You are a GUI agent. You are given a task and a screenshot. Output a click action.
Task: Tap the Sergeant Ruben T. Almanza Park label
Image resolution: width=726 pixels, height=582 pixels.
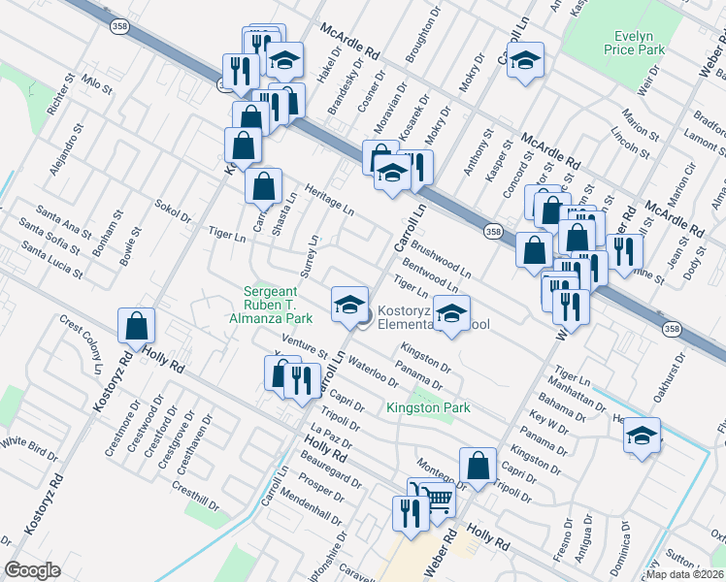tap(278, 304)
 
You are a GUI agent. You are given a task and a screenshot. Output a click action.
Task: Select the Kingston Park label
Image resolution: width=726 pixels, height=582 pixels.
tap(428, 408)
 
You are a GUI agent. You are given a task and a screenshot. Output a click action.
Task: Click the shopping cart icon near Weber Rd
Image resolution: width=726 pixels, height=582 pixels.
tap(438, 501)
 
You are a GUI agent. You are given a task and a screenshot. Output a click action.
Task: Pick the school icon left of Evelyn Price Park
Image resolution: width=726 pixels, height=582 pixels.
tap(525, 61)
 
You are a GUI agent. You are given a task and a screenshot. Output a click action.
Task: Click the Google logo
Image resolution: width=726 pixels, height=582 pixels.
tap(32, 570)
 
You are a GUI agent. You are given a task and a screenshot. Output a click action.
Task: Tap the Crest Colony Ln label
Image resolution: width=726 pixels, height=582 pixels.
tap(81, 343)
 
